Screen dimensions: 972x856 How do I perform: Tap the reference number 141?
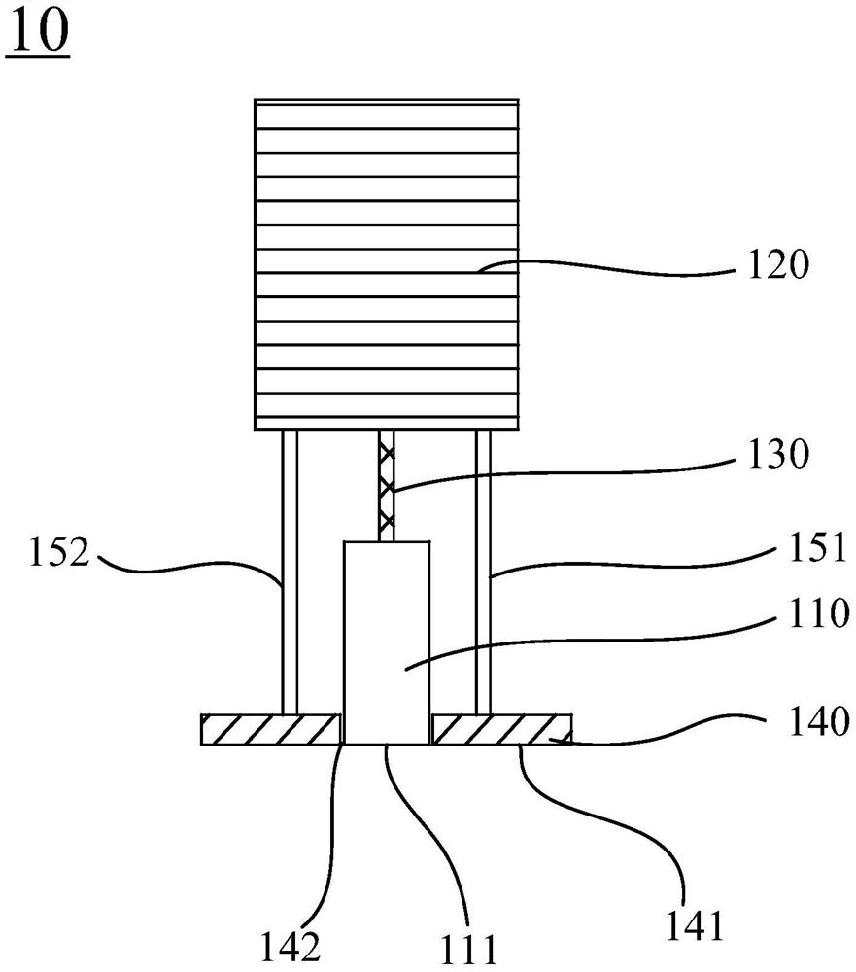pyautogui.click(x=697, y=927)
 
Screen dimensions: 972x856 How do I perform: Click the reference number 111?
pyautogui.click(x=468, y=947)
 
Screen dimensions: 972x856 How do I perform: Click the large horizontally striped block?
pyautogui.click(x=386, y=194)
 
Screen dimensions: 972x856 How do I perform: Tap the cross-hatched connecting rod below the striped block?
pyautogui.click(x=387, y=485)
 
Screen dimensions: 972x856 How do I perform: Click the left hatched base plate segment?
pyautogui.click(x=271, y=729)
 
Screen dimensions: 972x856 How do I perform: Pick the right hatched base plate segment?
pyautogui.click(x=501, y=729)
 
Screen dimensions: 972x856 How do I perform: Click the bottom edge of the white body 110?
pyautogui.click(x=387, y=745)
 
